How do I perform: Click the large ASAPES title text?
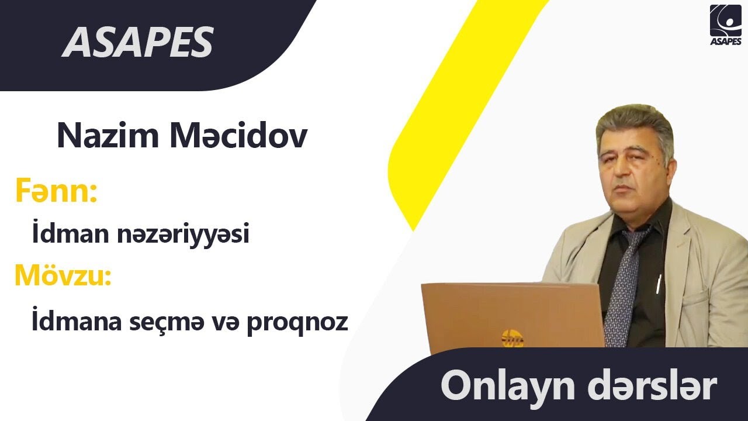pyautogui.click(x=138, y=42)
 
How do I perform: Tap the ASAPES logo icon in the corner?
pyautogui.click(x=725, y=20)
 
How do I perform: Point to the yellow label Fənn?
pyautogui.click(x=56, y=192)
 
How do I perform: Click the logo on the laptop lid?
pyautogui.click(x=512, y=339)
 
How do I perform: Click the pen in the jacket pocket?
pyautogui.click(x=659, y=284)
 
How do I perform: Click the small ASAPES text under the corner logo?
pyautogui.click(x=725, y=41)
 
